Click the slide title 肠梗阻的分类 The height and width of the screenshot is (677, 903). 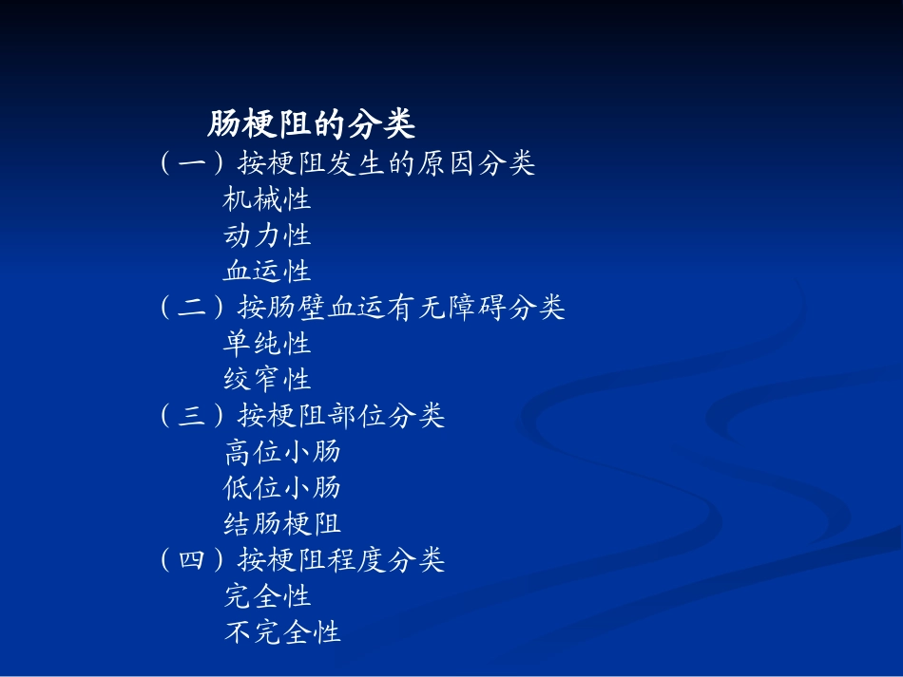coord(311,124)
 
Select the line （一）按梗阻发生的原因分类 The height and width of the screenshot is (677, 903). coord(347,163)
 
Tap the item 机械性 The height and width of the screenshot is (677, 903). coord(267,199)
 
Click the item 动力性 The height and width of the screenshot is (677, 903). coord(267,235)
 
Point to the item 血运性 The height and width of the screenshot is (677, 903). coord(267,271)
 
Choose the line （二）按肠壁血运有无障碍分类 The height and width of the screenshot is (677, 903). coord(362,307)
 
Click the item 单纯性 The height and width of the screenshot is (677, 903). coord(267,343)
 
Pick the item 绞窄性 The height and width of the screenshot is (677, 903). coord(267,379)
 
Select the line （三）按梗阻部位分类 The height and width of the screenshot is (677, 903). coord(302,416)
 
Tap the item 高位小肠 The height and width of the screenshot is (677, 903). coord(282,451)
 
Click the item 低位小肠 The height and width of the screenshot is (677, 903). coord(282,487)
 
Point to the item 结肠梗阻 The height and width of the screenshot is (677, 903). coord(282,523)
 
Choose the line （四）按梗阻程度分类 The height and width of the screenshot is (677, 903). coord(302,560)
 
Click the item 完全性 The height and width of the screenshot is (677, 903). coord(267,596)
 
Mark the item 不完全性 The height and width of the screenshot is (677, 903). coord(282,632)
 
